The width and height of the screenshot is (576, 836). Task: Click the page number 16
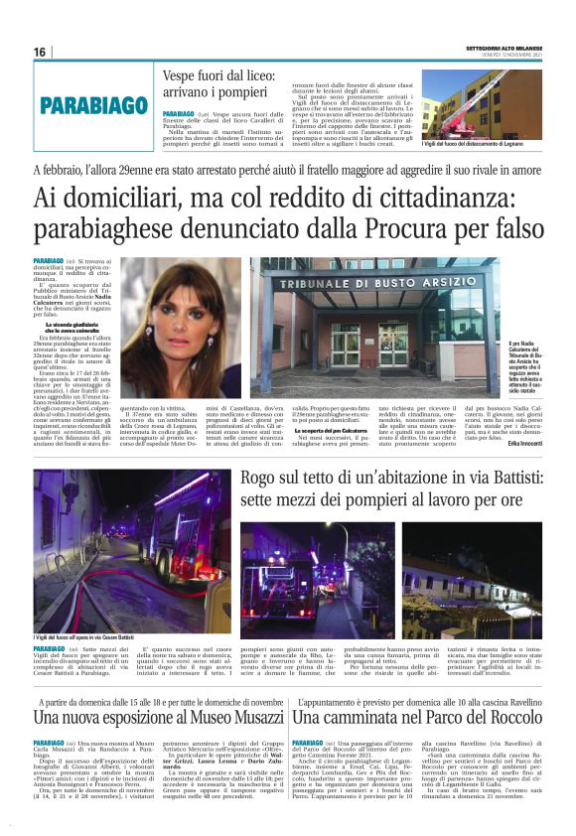(40, 52)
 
